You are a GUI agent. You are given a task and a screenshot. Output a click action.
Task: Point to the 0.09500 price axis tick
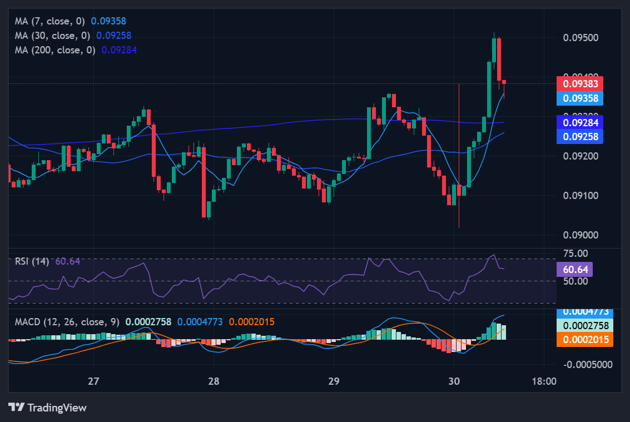tap(581, 38)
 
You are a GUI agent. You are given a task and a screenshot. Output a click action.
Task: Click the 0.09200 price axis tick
tap(581, 156)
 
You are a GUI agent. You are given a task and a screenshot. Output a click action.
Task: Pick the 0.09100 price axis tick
tap(581, 195)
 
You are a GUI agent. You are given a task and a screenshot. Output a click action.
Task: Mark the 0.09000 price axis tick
tap(581, 235)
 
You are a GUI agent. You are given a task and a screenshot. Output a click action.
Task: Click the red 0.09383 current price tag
tap(579, 84)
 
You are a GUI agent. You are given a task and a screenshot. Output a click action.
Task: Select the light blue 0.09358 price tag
tap(579, 98)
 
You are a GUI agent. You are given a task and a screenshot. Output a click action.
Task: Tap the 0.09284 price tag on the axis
tap(579, 122)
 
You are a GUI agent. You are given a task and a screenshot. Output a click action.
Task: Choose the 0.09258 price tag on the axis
tap(579, 136)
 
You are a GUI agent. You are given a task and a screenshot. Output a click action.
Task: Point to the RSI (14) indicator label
tap(32, 261)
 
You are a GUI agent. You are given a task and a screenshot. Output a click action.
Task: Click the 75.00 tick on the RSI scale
tap(575, 254)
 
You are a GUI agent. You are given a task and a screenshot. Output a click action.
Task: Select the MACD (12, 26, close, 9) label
tap(67, 322)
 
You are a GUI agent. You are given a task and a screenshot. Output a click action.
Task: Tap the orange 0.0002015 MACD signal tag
tap(585, 340)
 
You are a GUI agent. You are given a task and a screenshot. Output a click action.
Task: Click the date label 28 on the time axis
tap(214, 381)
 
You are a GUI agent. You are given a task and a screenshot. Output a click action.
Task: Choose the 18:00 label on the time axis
tap(543, 381)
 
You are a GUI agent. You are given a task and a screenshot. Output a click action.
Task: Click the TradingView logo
tap(48, 408)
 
